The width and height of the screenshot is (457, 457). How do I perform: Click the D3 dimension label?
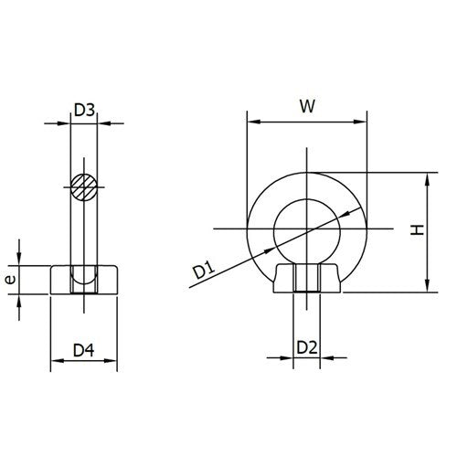84,111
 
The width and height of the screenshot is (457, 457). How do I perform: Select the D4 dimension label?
84,350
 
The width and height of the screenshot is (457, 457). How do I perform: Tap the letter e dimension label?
9,280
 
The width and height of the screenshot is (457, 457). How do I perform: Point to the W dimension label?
308,106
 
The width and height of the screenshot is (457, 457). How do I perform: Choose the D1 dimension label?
202,270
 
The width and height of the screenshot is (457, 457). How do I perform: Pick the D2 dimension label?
307,347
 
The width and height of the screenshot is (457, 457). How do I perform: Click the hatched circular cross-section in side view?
84,187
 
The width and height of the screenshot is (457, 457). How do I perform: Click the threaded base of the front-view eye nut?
307,279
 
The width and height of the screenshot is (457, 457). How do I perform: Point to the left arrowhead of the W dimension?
251,121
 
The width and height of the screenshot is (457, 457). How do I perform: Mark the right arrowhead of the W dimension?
364,121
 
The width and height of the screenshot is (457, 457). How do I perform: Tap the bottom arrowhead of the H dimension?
427,289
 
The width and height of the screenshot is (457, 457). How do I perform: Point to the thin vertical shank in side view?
84,233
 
